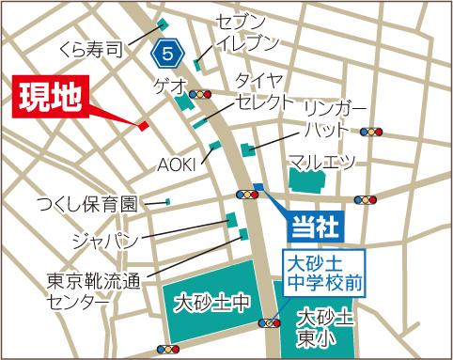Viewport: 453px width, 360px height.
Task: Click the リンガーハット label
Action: point(327,119)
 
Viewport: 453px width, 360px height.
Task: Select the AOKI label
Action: point(175,162)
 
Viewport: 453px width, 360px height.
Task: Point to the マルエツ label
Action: point(322,163)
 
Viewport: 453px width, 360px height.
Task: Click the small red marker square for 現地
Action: point(144,125)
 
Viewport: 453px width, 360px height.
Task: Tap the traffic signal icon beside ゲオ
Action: point(199,95)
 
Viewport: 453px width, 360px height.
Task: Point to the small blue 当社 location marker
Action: point(257,186)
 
